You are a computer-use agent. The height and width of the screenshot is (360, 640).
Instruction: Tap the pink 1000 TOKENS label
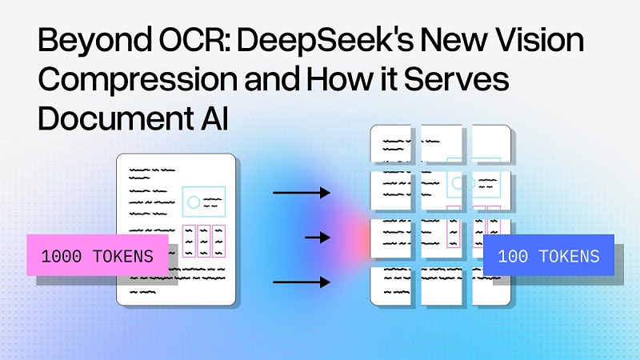(98, 256)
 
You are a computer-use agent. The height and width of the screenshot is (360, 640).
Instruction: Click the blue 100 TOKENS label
(548, 256)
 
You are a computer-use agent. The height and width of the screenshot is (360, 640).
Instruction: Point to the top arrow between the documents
(301, 193)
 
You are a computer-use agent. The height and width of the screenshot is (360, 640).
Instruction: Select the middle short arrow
(318, 238)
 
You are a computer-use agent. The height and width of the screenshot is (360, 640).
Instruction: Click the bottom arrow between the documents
(301, 282)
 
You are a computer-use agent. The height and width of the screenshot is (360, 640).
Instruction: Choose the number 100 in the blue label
(511, 257)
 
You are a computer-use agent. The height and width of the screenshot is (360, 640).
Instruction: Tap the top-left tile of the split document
(392, 145)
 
